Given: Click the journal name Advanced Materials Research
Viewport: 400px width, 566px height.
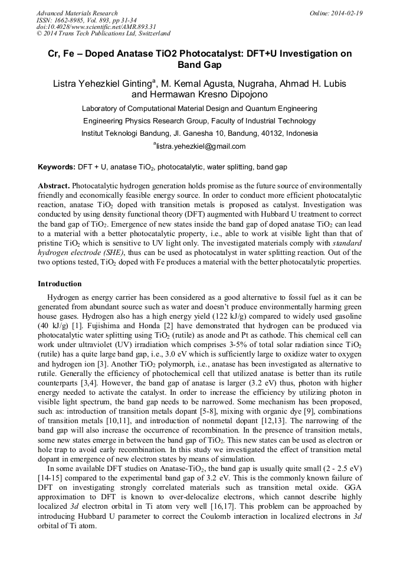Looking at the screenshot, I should (77, 13).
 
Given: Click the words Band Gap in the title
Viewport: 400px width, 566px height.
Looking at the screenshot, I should (199, 65).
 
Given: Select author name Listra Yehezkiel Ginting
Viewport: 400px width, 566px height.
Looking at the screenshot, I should (100, 83).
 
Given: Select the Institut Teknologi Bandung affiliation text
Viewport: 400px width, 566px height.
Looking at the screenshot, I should (199, 133).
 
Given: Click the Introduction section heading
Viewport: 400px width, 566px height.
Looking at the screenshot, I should (60, 284).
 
